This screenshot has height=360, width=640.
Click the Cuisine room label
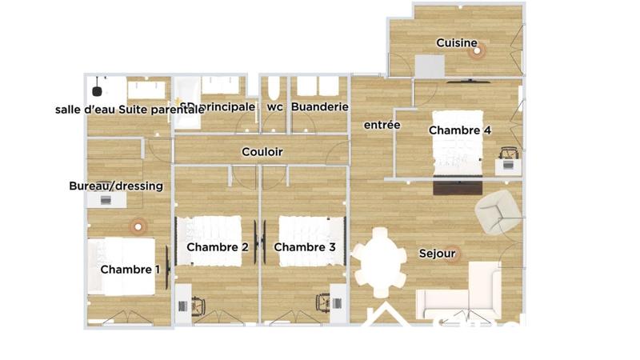(457, 43)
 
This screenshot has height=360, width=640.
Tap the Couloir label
(262, 152)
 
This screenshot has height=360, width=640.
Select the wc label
(274, 106)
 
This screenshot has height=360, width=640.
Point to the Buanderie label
(319, 106)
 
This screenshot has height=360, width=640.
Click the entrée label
(382, 126)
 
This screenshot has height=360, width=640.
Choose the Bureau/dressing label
(116, 186)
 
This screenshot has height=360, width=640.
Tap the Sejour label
(437, 254)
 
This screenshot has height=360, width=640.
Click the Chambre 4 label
(460, 130)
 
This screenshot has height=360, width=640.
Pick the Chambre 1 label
(130, 270)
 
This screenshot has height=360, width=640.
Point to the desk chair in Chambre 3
(324, 302)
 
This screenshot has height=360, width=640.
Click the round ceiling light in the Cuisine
(478, 52)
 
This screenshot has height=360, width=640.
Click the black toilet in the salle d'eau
(98, 81)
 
